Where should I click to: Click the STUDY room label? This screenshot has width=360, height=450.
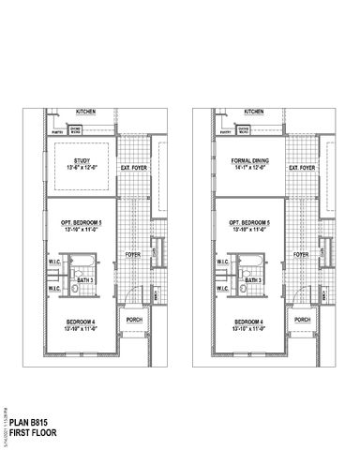coord(78,159)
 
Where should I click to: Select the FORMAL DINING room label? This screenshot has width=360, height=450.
coord(245,159)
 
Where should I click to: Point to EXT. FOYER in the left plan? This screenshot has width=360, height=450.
coord(133,169)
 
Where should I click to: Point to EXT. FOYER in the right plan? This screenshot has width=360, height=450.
coord(300,169)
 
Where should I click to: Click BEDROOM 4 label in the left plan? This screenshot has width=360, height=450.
coord(78,322)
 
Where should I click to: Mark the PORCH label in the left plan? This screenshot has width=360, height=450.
coord(133,320)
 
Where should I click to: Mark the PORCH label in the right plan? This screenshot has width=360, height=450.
coord(300,320)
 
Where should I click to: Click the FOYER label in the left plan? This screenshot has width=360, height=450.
coord(133,253)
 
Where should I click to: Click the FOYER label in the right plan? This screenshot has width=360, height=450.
coord(300,253)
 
